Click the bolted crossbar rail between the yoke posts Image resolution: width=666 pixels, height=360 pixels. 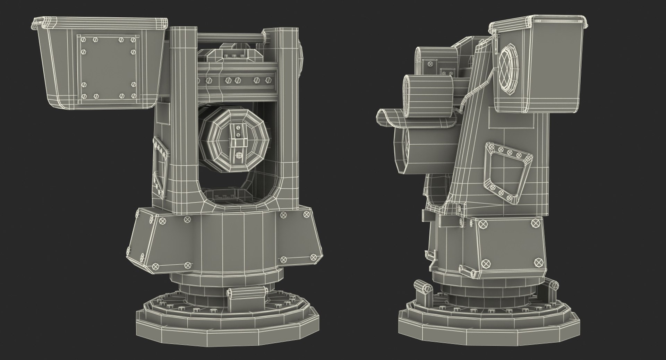pyautogui.click(x=239, y=80)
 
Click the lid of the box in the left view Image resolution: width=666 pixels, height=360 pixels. pyautogui.click(x=101, y=23)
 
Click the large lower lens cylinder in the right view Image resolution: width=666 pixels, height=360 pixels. pyautogui.click(x=413, y=149)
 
